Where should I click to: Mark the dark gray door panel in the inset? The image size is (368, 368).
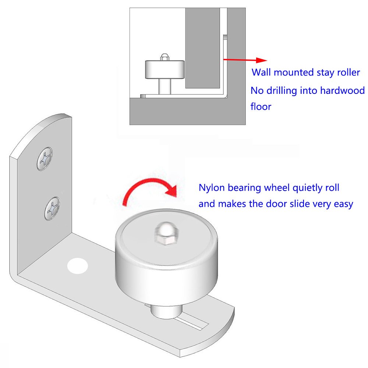(x=202, y=48)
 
